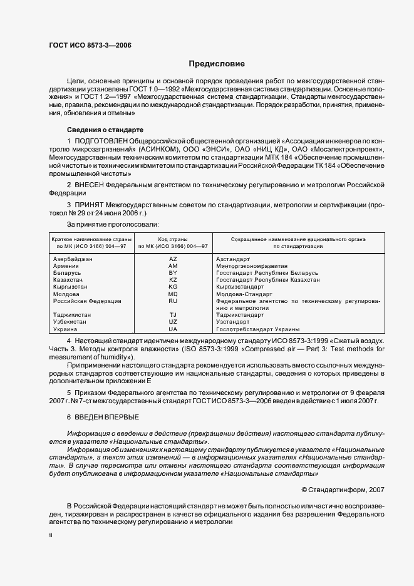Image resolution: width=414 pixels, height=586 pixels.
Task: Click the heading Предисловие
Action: (217, 64)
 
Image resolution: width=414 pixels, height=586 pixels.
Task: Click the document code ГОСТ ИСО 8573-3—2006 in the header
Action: (90, 44)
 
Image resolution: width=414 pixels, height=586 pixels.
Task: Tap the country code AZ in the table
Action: (173, 259)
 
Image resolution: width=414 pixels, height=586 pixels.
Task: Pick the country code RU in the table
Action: (173, 301)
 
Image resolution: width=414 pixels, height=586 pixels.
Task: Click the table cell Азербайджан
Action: (73, 259)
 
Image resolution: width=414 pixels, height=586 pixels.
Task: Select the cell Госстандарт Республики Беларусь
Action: (267, 273)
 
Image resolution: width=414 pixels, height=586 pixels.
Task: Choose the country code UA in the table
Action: (173, 329)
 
